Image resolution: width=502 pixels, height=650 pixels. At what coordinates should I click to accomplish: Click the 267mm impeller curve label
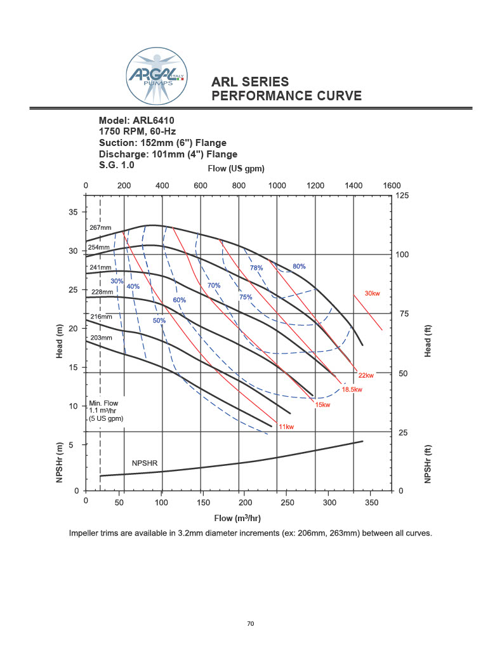pyautogui.click(x=100, y=227)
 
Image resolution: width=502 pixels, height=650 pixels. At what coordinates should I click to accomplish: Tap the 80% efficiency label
pyautogui.click(x=299, y=267)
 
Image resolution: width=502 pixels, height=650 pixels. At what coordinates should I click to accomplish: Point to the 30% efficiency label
pyautogui.click(x=117, y=281)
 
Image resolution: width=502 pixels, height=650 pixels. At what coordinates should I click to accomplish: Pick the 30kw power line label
pyautogui.click(x=372, y=293)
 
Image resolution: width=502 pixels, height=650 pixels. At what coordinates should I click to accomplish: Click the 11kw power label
pyautogui.click(x=286, y=427)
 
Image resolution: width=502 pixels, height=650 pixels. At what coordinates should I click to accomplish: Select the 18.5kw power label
pyautogui.click(x=352, y=390)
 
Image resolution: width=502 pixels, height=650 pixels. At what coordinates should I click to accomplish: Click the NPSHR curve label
pyautogui.click(x=144, y=463)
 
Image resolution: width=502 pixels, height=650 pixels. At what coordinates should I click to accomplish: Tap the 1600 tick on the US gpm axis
pyautogui.click(x=392, y=185)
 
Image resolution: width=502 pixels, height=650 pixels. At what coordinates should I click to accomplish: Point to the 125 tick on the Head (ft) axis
pyautogui.click(x=402, y=196)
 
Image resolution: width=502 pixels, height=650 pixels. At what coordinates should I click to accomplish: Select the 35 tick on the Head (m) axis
pyautogui.click(x=74, y=212)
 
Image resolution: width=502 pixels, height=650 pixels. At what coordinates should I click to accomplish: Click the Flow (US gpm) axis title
pyautogui.click(x=236, y=169)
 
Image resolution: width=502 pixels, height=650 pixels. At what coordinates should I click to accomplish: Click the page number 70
pyautogui.click(x=251, y=624)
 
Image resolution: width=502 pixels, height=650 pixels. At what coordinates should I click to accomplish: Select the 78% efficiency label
pyautogui.click(x=256, y=268)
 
